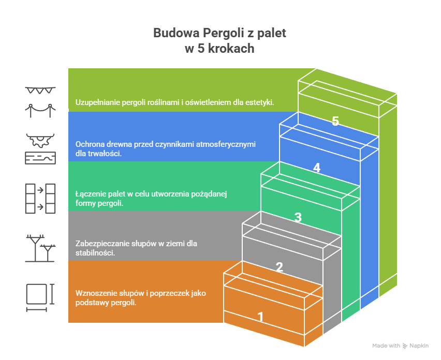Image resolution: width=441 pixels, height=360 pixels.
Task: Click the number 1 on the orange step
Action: (x=260, y=317)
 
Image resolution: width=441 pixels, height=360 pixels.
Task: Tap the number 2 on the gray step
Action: (x=279, y=267)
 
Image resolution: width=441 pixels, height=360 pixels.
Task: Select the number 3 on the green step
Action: (x=298, y=218)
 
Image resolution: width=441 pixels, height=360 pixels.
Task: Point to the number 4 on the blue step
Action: (x=317, y=168)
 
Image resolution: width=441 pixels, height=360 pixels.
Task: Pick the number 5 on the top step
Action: (x=335, y=122)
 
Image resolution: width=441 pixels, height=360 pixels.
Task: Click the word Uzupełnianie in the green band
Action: (x=97, y=102)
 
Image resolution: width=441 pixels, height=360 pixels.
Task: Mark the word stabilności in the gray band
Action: (x=95, y=253)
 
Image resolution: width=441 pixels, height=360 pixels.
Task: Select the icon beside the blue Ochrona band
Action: (x=40, y=148)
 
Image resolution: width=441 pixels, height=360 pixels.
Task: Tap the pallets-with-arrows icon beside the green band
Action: (x=40, y=198)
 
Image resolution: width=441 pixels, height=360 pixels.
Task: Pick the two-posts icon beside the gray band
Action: (x=40, y=248)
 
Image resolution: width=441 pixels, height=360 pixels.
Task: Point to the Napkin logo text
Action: (x=418, y=346)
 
